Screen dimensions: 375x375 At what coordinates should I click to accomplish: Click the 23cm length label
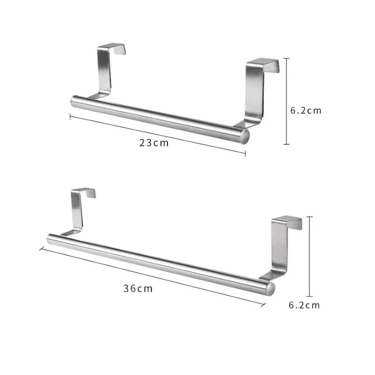click(154, 143)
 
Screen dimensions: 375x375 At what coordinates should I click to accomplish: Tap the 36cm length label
click(138, 289)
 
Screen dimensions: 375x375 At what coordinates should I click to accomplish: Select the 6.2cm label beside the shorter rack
click(306, 111)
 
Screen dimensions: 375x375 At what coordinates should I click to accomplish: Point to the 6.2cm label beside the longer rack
click(304, 305)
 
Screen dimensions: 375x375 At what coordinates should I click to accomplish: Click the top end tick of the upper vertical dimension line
click(287, 58)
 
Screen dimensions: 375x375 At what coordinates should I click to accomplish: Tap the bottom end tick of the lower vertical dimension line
click(309, 297)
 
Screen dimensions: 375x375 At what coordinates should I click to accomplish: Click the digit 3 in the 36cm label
click(127, 289)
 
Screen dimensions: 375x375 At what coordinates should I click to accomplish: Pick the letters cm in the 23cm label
click(161, 143)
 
